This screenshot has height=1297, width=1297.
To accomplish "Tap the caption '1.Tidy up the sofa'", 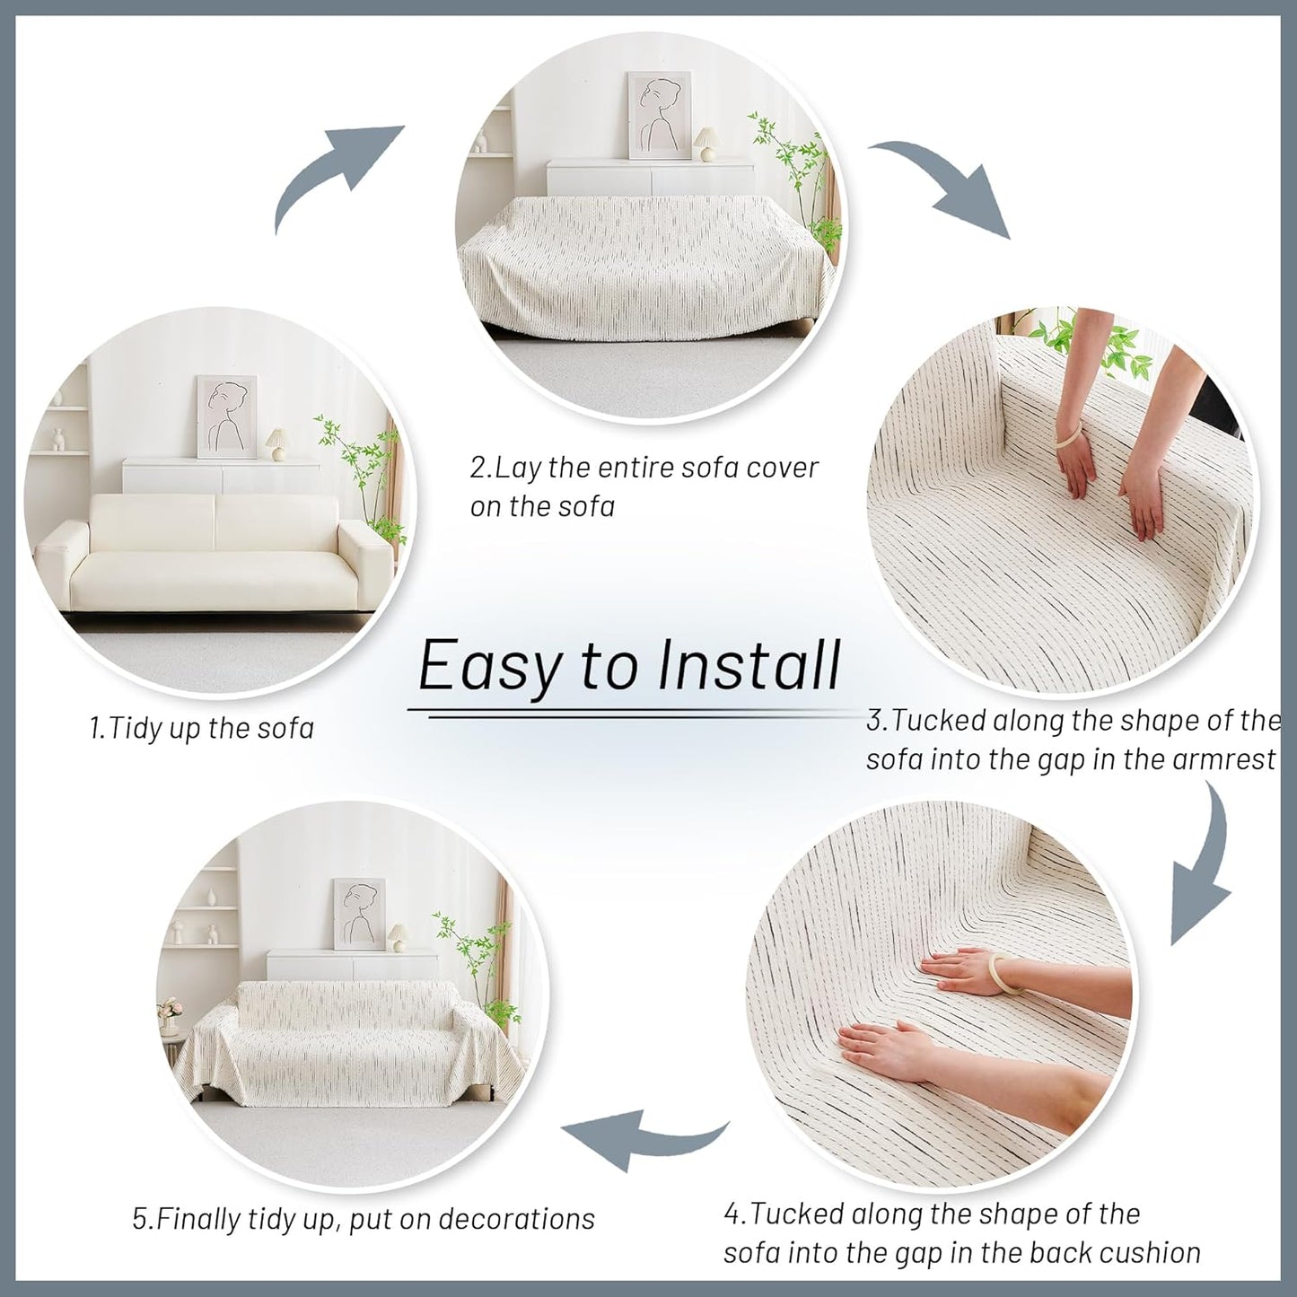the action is click(x=202, y=729).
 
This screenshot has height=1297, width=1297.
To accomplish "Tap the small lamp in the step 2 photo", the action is click(x=705, y=144).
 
